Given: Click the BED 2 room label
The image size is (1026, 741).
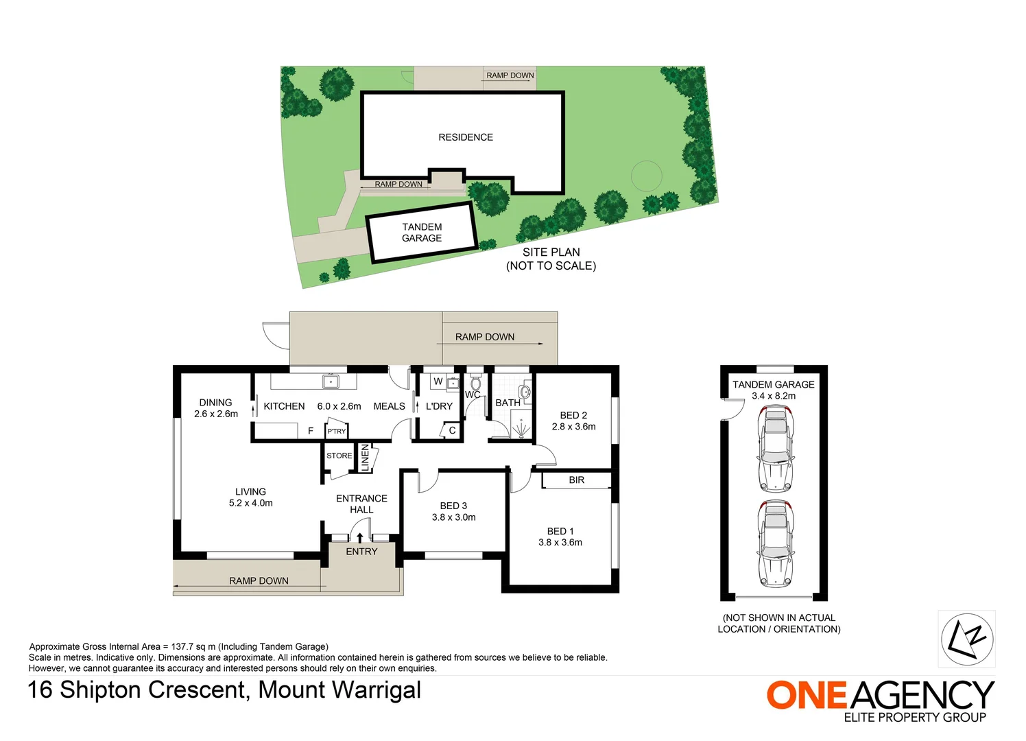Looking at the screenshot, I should [x=573, y=415].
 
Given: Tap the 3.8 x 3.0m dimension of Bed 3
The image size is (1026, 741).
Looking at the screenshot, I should [x=453, y=517].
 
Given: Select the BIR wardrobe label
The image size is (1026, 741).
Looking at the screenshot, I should [x=576, y=480].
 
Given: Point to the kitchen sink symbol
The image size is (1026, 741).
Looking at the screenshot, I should [x=331, y=381].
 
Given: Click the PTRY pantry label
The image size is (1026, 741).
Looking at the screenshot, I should [x=336, y=431].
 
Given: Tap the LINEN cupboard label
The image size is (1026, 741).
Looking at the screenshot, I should [x=365, y=458].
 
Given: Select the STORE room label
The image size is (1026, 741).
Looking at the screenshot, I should [x=339, y=456].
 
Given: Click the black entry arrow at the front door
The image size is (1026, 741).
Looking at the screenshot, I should [x=359, y=537].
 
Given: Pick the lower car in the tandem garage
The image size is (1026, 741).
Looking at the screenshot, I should [x=775, y=543].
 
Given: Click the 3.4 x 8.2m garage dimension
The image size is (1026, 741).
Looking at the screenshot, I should [x=774, y=396].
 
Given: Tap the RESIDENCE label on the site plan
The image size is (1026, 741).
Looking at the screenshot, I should [x=466, y=137].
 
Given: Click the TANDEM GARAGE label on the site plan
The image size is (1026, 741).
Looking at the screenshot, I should [x=422, y=233].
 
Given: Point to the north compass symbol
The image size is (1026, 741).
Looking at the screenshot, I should [x=966, y=639].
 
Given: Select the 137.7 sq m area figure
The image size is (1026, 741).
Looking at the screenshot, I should [x=190, y=646].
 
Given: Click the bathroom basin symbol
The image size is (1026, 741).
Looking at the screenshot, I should [x=525, y=392].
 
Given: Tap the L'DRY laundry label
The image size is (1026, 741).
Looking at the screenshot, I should [x=439, y=406].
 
